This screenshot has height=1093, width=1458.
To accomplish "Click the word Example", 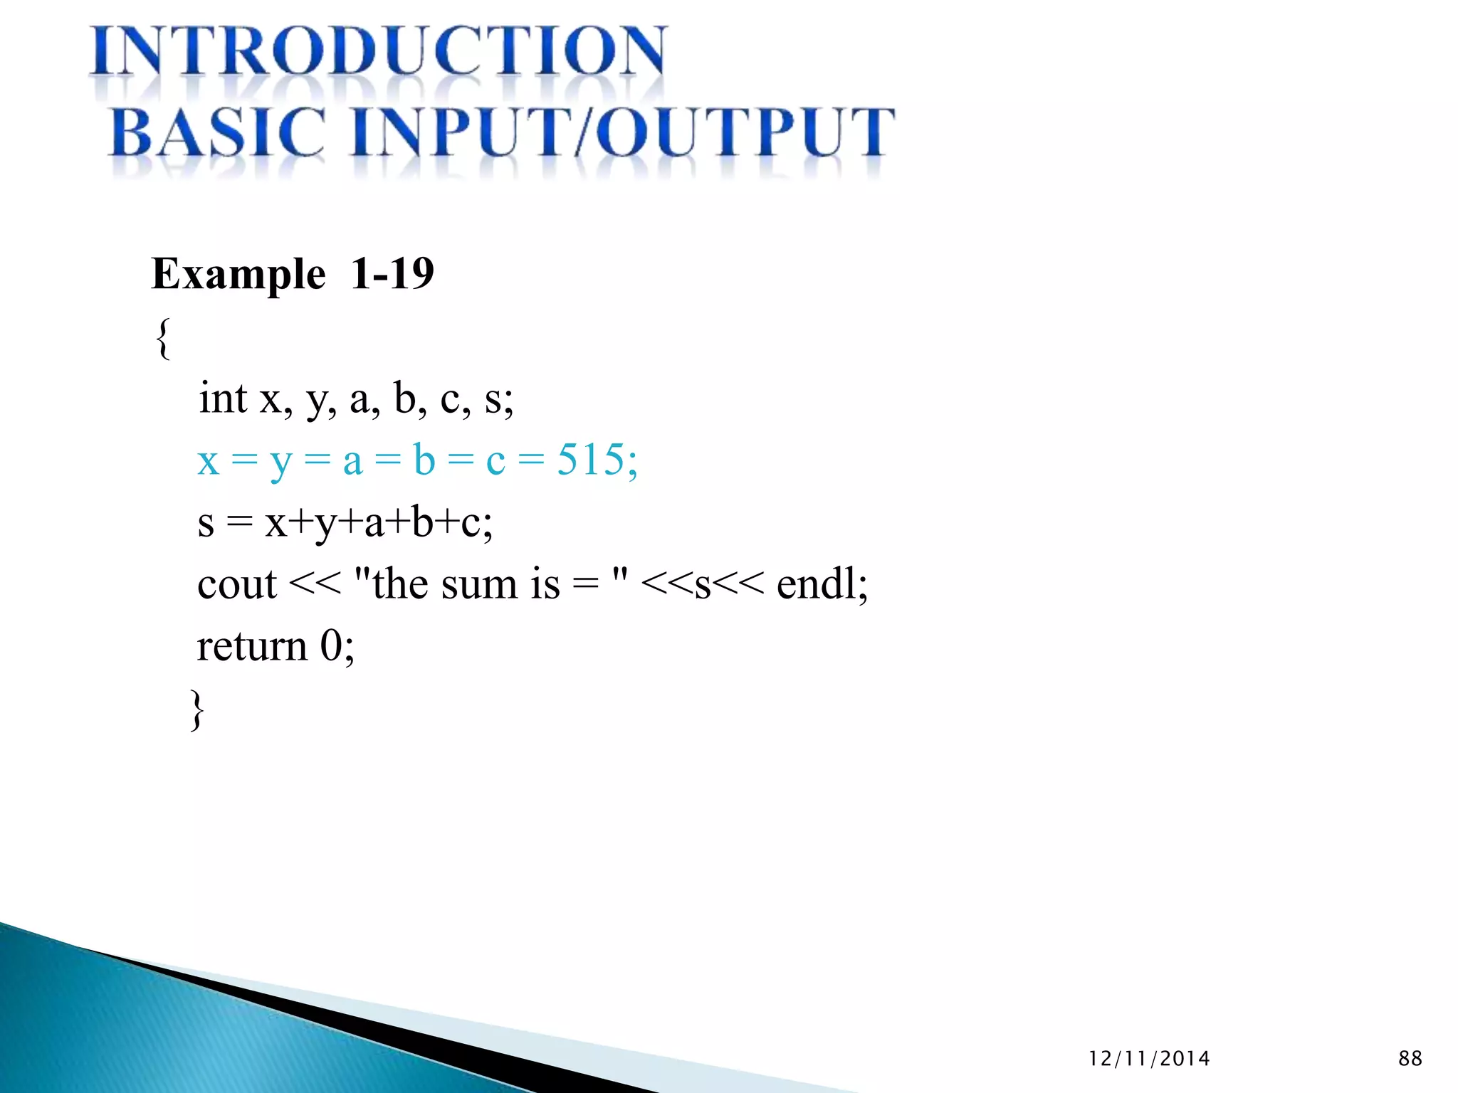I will point(238,275).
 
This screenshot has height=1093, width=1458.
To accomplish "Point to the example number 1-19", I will point(392,273).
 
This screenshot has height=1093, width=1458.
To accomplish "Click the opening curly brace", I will point(163,339).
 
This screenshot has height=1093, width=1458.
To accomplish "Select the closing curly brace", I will point(197,709).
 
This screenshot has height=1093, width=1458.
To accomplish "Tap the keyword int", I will point(223,398).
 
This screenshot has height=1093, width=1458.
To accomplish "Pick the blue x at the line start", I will point(208,462).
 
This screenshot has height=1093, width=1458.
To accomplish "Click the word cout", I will point(236,586).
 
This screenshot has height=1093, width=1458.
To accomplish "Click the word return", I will point(251,647).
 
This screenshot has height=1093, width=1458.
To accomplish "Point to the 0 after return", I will point(330,647).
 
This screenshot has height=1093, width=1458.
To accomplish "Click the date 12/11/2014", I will point(1149,1059).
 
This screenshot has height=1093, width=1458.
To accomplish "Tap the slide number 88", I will point(1410,1059).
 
